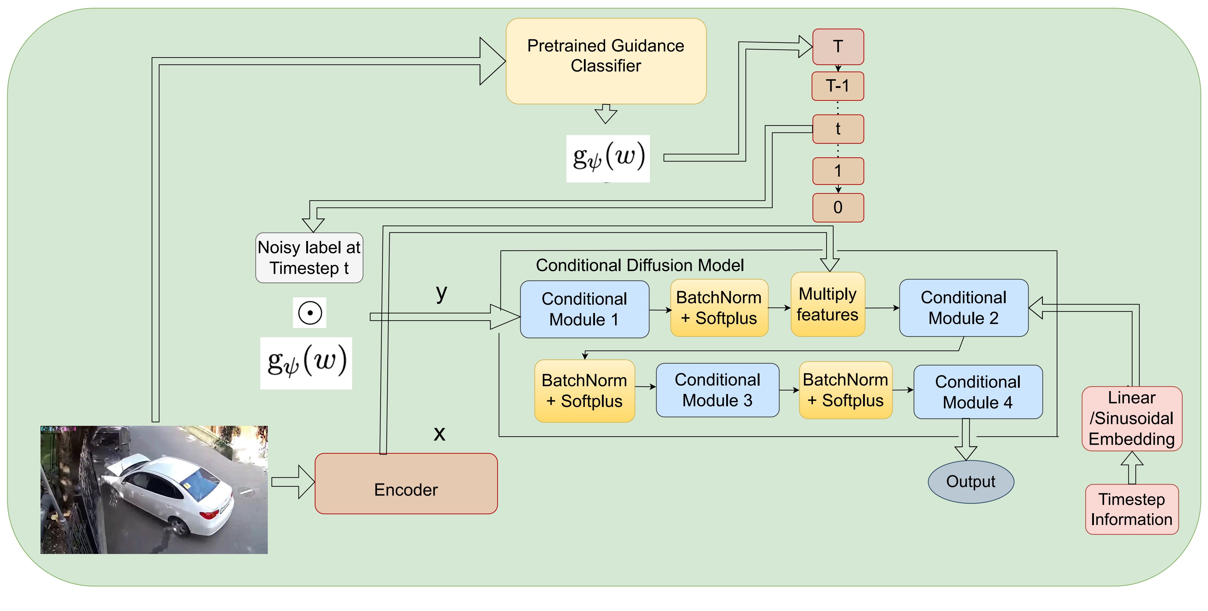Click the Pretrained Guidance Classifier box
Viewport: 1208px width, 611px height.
[x=606, y=61]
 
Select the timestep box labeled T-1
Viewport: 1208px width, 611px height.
[x=838, y=86]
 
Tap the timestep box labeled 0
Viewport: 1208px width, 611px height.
[x=838, y=207]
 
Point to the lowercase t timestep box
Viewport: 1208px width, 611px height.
[x=838, y=129]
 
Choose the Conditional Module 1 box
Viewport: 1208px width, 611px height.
[x=584, y=309]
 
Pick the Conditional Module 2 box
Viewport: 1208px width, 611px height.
[x=963, y=308]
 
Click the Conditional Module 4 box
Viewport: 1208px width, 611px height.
[x=978, y=392]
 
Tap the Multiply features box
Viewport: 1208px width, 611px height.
[x=827, y=304]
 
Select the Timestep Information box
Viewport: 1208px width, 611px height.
[x=1131, y=509]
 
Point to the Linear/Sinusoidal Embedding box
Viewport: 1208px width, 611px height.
[x=1131, y=418]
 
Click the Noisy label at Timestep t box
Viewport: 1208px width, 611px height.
[x=309, y=257]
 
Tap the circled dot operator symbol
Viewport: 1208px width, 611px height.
[x=310, y=313]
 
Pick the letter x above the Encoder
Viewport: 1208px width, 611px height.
[x=439, y=433]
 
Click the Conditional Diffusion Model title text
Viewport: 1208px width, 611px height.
[x=640, y=265]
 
